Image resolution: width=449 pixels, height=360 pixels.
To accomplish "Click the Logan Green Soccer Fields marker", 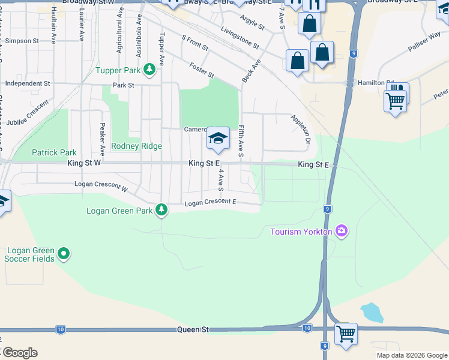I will coord(64,254).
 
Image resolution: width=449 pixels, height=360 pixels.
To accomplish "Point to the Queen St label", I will coord(192,329).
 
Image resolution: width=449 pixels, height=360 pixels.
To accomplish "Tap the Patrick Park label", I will coord(54,153).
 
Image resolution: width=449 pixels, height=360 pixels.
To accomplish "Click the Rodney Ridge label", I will coord(133,146).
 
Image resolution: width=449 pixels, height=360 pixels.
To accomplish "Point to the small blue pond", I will coord(372,313).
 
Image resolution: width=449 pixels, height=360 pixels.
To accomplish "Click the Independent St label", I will coord(27,83).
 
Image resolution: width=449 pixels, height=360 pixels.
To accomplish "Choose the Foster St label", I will coord(201,70).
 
